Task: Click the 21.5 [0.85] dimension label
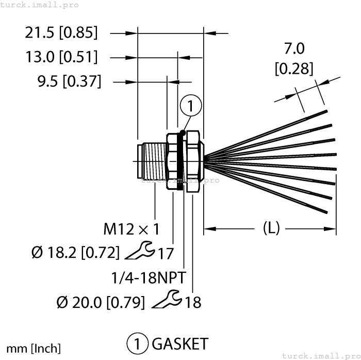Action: (61, 33)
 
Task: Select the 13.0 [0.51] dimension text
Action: (61, 57)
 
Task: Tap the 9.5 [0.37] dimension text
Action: (69, 81)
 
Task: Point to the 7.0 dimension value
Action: (294, 49)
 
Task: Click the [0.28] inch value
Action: (294, 68)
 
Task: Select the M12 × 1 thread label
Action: (131, 228)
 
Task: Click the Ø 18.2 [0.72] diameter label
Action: (75, 253)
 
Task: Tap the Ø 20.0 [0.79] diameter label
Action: (101, 302)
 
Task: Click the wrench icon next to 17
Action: (139, 251)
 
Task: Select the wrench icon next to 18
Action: (167, 299)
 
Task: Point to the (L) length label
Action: (271, 227)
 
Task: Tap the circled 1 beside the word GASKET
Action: (137, 343)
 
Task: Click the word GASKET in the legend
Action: (180, 343)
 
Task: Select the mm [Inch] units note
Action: (34, 348)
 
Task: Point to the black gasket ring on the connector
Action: (180, 161)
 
